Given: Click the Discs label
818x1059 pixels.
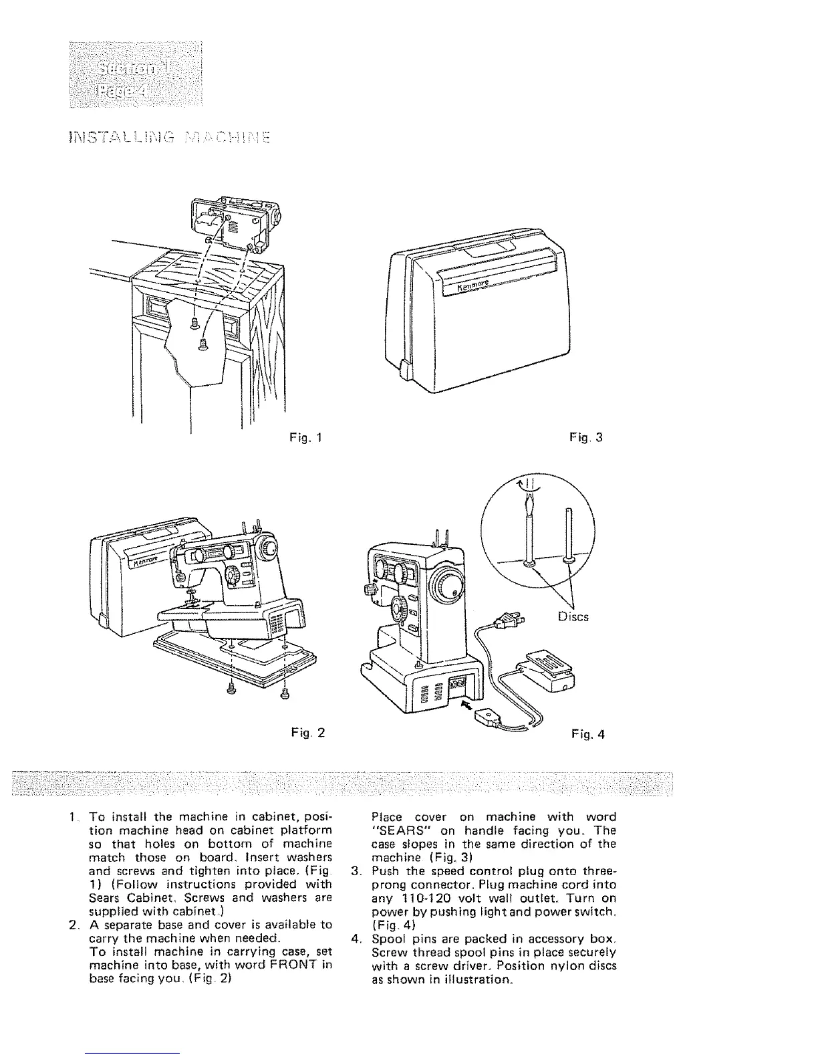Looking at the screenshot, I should coord(573,616).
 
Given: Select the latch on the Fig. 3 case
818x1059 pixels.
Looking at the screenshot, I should coord(405,366).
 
